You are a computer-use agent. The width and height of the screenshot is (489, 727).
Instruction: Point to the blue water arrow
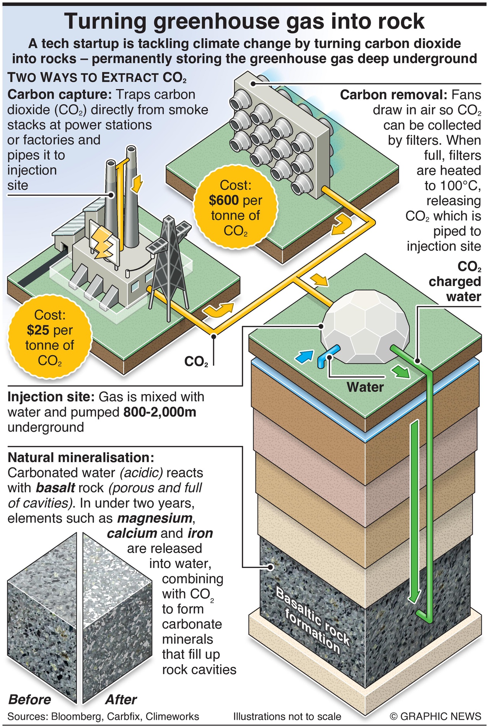point(305,356)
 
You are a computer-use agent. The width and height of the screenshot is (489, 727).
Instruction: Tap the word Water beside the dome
point(365,387)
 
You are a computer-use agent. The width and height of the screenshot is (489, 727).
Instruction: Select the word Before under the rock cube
point(29,699)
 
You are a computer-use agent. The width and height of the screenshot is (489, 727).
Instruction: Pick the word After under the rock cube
point(121,699)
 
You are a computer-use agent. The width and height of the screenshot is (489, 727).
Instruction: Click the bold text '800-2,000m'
point(160,412)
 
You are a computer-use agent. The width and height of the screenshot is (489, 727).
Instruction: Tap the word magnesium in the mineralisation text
point(154,518)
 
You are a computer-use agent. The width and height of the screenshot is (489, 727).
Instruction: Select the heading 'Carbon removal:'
point(393,95)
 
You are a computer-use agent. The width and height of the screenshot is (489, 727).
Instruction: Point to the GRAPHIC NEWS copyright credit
point(435,716)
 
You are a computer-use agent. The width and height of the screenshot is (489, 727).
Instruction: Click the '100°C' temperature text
point(460,186)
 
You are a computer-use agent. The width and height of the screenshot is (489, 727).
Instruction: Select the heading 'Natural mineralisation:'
point(81,458)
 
